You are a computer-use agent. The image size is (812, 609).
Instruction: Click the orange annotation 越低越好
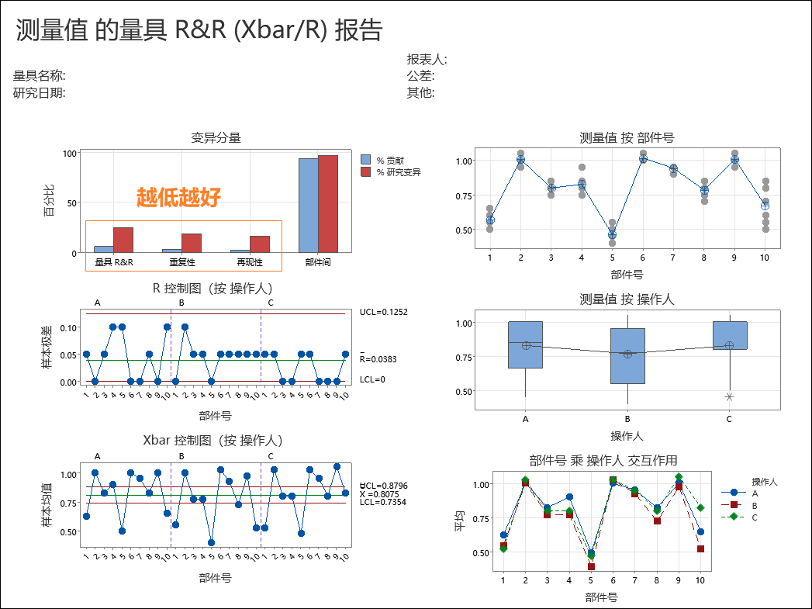click(178, 198)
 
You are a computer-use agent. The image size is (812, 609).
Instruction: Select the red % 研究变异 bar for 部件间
click(327, 203)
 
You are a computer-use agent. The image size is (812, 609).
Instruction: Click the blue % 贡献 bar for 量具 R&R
click(104, 249)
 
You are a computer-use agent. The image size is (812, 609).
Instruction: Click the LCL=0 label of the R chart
click(372, 379)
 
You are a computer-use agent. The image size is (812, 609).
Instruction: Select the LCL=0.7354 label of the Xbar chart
click(383, 502)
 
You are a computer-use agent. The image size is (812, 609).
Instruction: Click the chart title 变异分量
click(216, 138)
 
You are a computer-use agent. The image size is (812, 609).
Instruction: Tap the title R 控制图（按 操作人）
click(213, 289)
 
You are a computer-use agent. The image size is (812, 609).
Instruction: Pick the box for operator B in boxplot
click(627, 355)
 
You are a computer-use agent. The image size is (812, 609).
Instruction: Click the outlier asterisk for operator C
click(729, 396)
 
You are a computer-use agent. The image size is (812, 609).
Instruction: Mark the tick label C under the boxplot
click(729, 420)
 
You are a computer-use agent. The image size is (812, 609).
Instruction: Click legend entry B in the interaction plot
click(755, 505)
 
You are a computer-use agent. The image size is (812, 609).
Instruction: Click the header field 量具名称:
click(40, 76)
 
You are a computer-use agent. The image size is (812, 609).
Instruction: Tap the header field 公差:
click(420, 76)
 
